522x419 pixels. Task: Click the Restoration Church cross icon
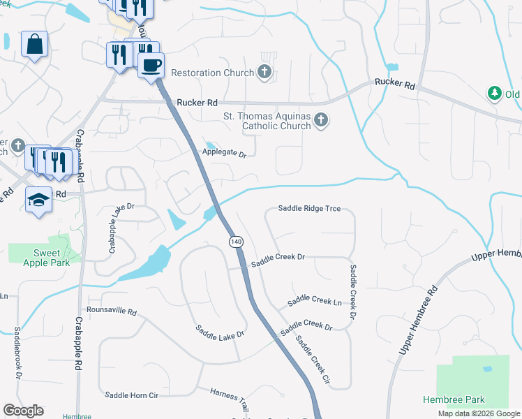pyautogui.click(x=264, y=71)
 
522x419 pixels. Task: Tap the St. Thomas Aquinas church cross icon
pyautogui.click(x=320, y=119)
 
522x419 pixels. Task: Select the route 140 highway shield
pyautogui.click(x=235, y=241)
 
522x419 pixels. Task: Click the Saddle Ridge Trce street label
pyautogui.click(x=309, y=208)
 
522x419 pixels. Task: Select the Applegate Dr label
pyautogui.click(x=225, y=153)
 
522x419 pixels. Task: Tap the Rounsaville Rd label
pyautogui.click(x=112, y=309)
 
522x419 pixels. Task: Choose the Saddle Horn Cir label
pyautogui.click(x=132, y=395)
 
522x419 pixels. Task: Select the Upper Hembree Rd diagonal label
pyautogui.click(x=417, y=320)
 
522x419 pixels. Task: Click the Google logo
pyautogui.click(x=23, y=411)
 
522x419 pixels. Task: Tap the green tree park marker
pyautogui.click(x=495, y=93)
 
